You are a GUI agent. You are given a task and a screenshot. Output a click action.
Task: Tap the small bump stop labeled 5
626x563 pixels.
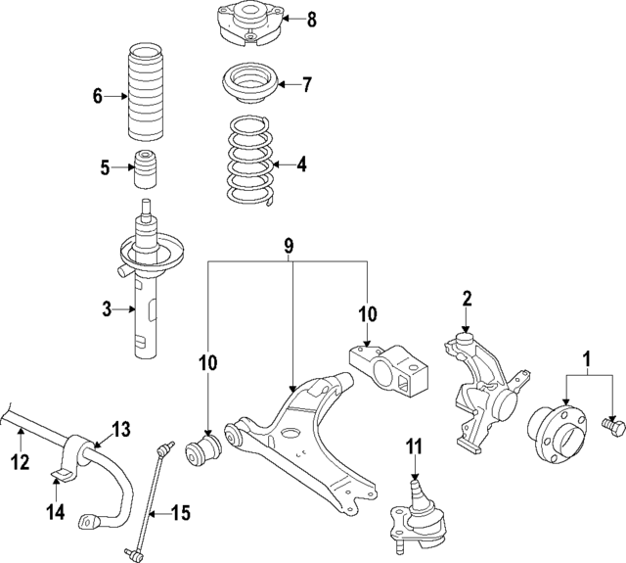147,168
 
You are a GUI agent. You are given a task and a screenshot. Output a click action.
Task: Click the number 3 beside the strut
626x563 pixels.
108,310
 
